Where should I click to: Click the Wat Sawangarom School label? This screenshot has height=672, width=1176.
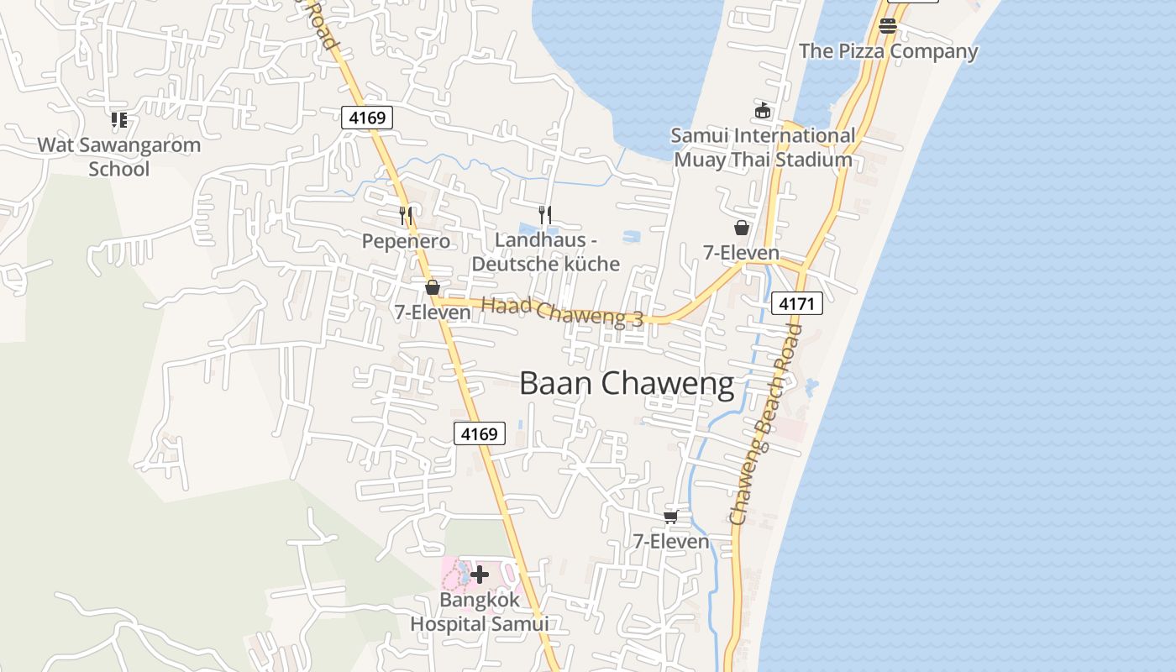tap(119, 156)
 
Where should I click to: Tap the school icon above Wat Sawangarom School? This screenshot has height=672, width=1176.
tap(119, 120)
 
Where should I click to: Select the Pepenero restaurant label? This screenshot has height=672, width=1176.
tap(406, 241)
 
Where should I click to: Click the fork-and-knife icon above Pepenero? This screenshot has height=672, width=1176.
tap(406, 216)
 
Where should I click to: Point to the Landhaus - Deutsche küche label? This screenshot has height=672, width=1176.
tap(545, 252)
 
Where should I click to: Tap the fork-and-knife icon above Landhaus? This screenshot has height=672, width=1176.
tap(545, 215)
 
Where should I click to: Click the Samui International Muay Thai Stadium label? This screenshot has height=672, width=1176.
tap(763, 147)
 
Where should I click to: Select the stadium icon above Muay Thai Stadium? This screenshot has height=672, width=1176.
tap(763, 110)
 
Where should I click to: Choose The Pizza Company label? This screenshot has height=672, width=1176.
tap(889, 51)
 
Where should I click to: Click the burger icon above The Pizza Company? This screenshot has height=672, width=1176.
tap(888, 26)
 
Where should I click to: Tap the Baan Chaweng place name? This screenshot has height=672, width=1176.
tap(627, 384)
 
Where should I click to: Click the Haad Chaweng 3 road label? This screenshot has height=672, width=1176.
tap(562, 312)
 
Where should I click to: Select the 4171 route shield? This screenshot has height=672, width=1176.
tap(796, 303)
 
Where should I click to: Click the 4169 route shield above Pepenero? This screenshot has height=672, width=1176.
tap(367, 118)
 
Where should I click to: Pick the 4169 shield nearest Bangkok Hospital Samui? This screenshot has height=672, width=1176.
tap(480, 433)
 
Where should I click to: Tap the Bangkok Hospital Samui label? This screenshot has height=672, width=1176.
tap(479, 612)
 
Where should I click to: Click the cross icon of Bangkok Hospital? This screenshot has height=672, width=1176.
tap(480, 575)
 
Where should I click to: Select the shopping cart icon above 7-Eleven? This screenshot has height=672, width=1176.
tap(670, 517)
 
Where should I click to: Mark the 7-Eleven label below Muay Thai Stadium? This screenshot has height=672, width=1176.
tap(741, 253)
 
